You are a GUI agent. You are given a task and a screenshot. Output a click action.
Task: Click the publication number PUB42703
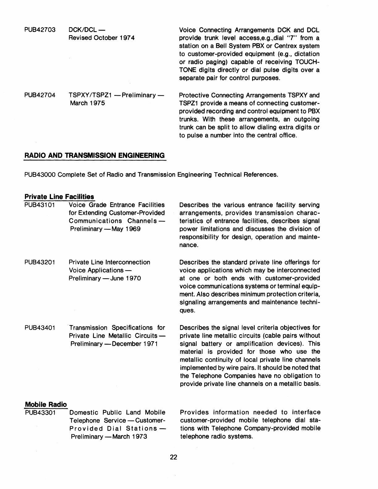pyautogui.click(x=40, y=30)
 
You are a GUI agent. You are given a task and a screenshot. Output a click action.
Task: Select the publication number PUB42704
pyautogui.click(x=40, y=95)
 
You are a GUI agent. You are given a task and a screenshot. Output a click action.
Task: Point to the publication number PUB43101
pyautogui.click(x=40, y=205)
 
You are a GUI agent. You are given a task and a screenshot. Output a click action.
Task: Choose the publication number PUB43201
pyautogui.click(x=40, y=262)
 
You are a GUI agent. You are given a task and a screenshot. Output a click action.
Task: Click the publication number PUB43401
pyautogui.click(x=40, y=328)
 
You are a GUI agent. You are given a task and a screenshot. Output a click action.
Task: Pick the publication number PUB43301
pyautogui.click(x=40, y=412)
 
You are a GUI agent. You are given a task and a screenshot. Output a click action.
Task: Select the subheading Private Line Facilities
pyautogui.click(x=59, y=197)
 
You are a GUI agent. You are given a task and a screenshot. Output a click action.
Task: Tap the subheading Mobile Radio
pyautogui.click(x=45, y=404)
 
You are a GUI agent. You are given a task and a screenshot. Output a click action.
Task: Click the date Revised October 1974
pyautogui.click(x=102, y=38)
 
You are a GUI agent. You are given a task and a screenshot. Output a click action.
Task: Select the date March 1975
pyautogui.click(x=87, y=103)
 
